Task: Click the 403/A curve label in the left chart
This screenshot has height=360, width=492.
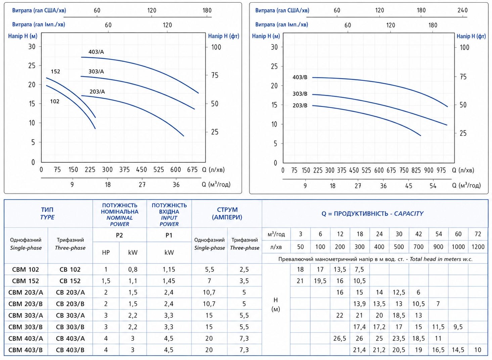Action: click(96, 52)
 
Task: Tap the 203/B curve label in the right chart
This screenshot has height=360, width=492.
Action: click(300, 106)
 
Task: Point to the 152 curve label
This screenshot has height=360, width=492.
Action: click(55, 71)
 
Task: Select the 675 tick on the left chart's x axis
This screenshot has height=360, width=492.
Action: click(192, 169)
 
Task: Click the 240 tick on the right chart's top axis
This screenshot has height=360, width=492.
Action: click(462, 10)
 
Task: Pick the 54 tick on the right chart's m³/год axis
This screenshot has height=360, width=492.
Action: click(433, 186)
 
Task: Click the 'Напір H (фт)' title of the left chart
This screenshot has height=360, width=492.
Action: click(224, 36)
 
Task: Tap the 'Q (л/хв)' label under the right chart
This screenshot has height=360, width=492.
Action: click(463, 170)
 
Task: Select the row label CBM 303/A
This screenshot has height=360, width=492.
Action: click(26, 315)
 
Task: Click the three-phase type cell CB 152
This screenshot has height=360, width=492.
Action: click(70, 281)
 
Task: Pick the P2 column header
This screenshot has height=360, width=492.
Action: click(119, 235)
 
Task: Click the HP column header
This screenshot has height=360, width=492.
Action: click(106, 253)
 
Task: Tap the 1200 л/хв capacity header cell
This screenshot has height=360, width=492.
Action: click(478, 247)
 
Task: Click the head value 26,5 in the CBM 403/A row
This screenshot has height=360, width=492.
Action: click(340, 338)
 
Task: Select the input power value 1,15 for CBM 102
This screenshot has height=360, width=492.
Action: click(169, 269)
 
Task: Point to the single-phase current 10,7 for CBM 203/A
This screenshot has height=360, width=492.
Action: click(209, 292)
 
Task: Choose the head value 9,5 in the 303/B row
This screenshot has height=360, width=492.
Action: click(458, 327)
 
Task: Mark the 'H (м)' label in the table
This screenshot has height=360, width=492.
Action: click(276, 305)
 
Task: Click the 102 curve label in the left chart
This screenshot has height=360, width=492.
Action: click(55, 101)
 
